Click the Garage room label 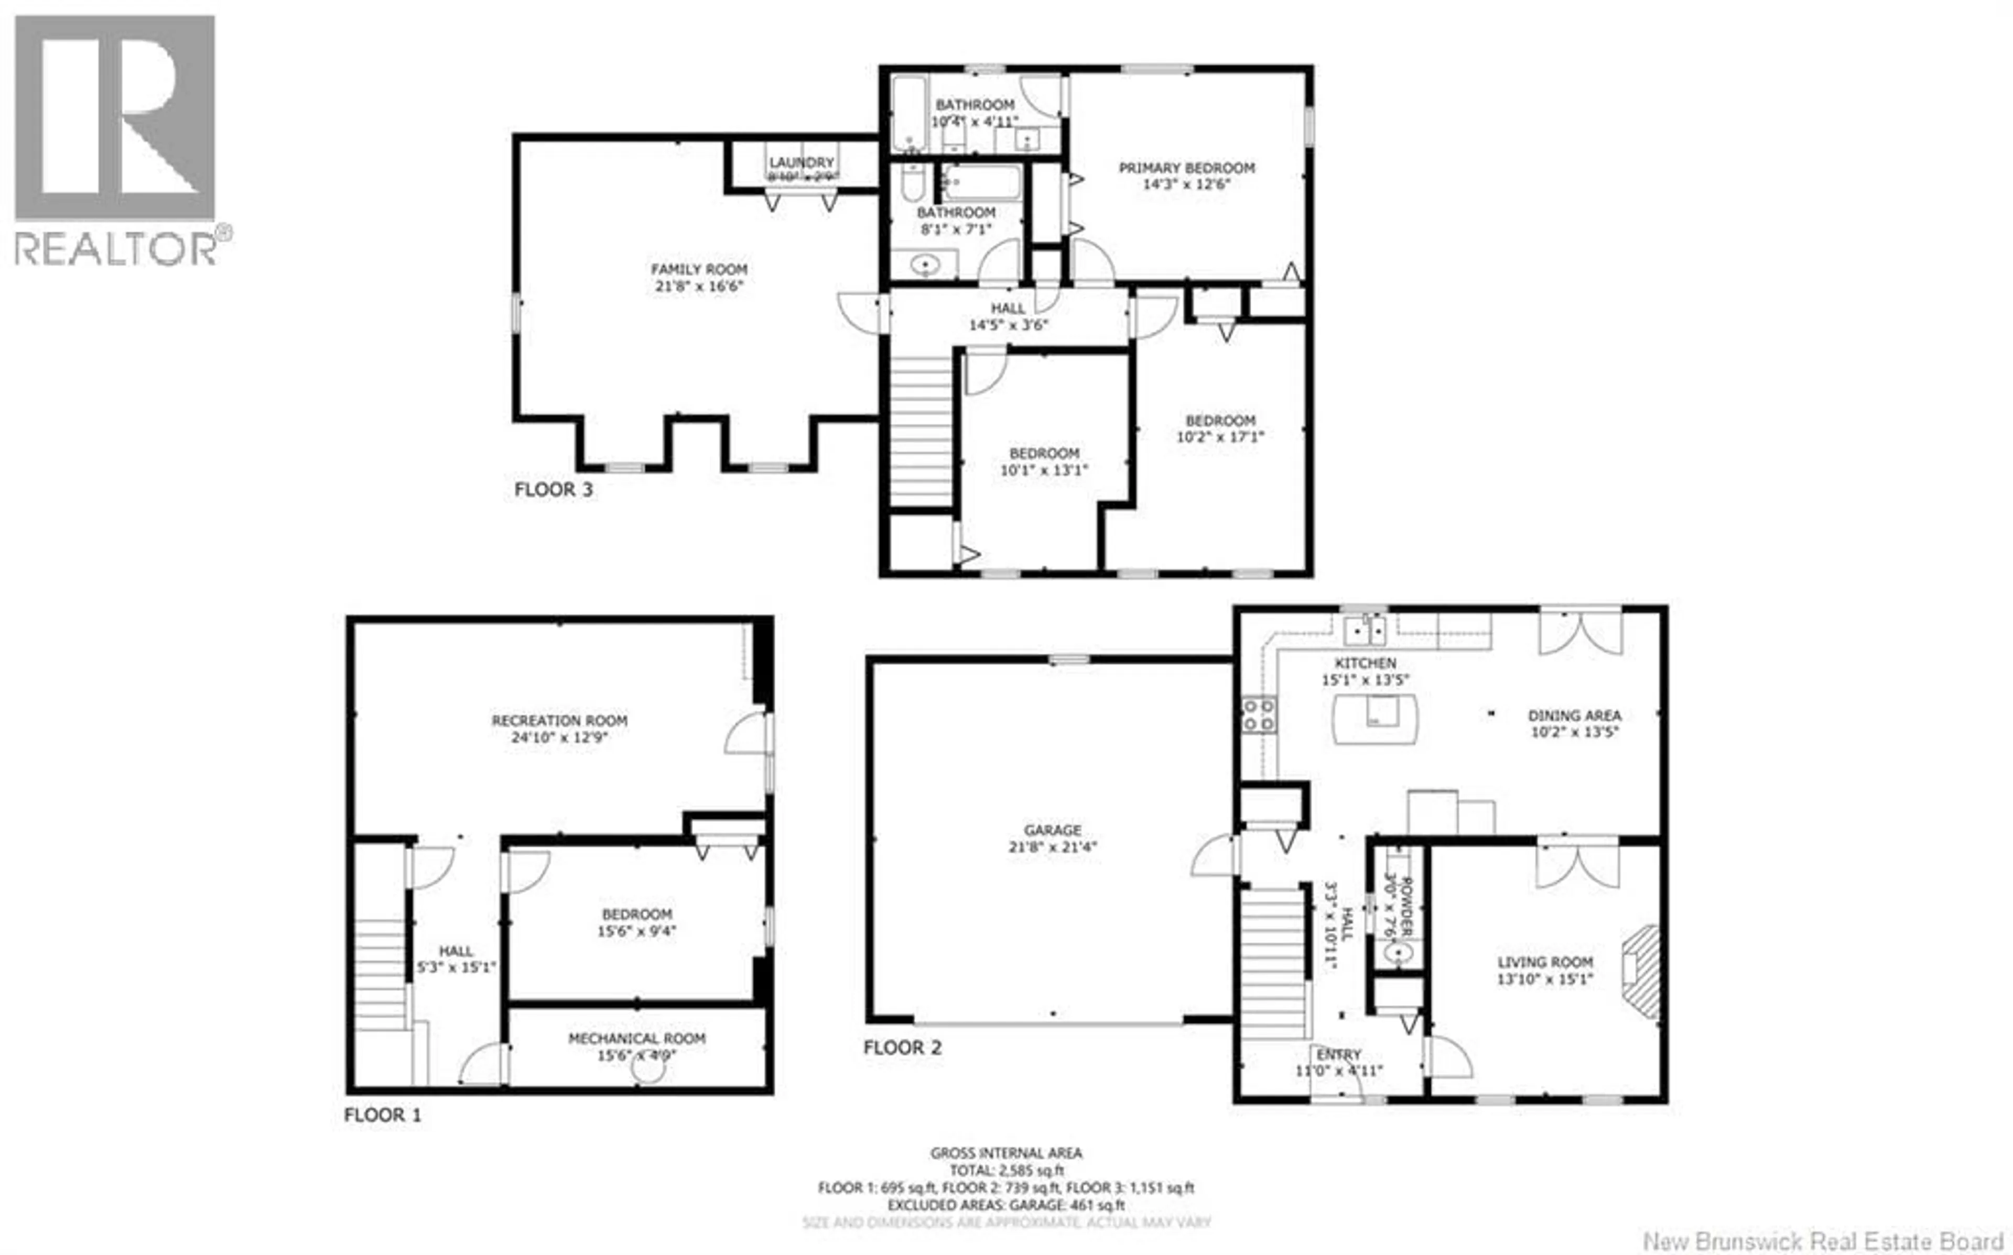1052,830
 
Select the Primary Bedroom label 1186,168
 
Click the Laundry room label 800,163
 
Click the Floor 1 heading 382,1115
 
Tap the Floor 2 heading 902,1048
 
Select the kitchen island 1375,719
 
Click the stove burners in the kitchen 1258,715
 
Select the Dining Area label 1575,715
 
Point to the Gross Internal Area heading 1005,1153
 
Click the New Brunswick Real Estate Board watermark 1823,1241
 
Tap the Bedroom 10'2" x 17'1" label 1220,421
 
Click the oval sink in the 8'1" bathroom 924,265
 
